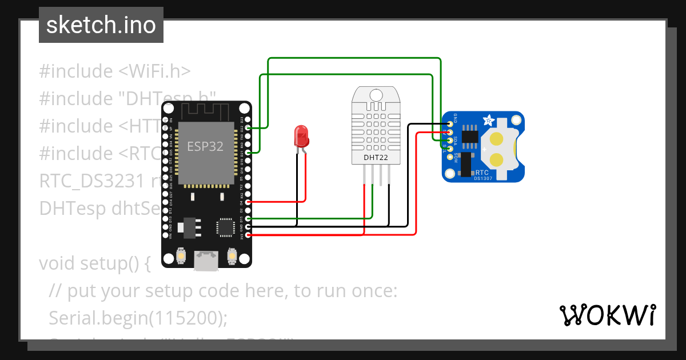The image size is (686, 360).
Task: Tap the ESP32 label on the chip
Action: [205, 146]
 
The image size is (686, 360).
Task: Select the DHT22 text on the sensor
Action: [375, 157]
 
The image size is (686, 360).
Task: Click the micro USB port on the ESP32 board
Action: [205, 260]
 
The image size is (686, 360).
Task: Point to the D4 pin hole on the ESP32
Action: [248, 202]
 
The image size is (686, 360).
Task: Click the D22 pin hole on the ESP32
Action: [248, 129]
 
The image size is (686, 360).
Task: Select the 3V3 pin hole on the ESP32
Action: [248, 235]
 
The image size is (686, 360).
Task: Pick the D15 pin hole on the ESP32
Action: [248, 218]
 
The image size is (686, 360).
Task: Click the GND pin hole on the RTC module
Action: [450, 124]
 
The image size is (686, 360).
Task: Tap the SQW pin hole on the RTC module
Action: [450, 157]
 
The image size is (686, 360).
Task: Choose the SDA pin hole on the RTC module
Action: [450, 140]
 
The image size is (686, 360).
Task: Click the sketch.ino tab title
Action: [101, 25]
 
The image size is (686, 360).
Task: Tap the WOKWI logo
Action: [607, 315]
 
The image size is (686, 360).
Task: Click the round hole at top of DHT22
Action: [376, 94]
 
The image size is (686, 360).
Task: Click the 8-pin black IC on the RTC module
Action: [469, 136]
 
